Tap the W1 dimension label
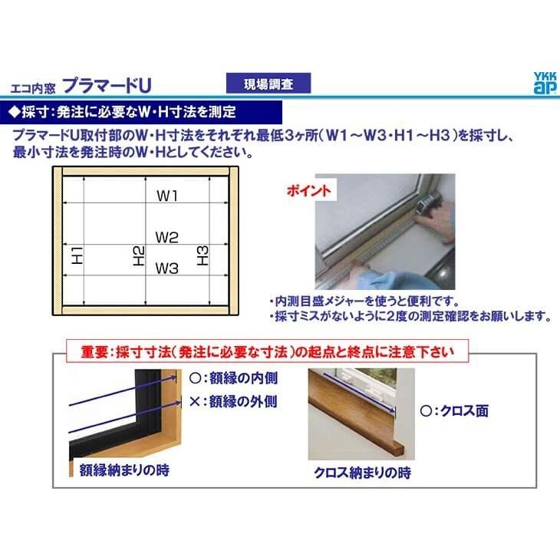(168, 196)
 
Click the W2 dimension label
(167, 238)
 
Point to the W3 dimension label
(167, 268)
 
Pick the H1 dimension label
(76, 255)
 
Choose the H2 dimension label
(139, 255)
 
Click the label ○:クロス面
(454, 411)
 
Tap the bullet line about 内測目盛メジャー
(364, 301)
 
